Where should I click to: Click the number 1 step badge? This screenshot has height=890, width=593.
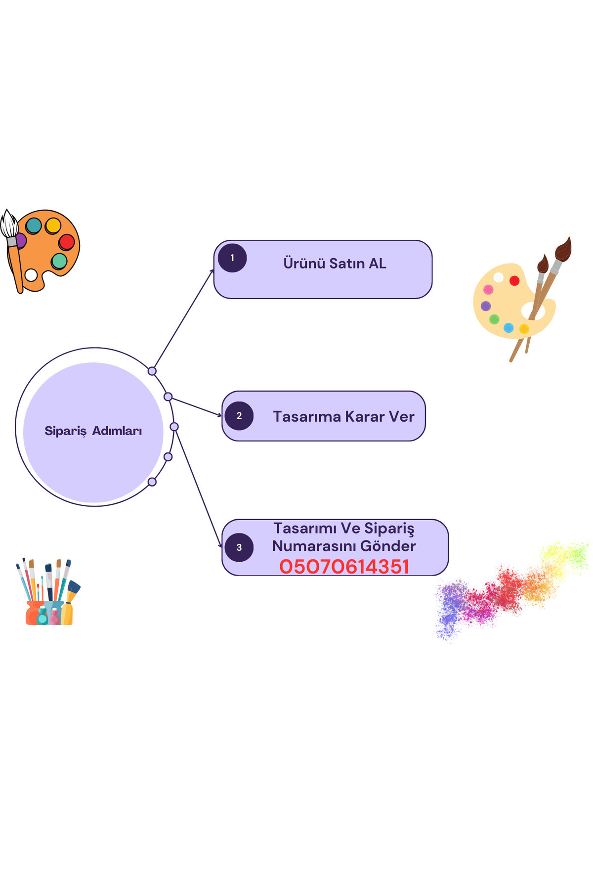[232, 258]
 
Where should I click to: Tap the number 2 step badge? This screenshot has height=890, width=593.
[239, 416]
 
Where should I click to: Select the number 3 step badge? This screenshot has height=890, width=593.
[239, 547]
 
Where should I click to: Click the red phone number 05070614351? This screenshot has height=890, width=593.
[344, 567]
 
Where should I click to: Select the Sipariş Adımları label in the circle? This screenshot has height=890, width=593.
[93, 431]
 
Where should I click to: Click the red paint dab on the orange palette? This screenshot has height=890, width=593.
[67, 242]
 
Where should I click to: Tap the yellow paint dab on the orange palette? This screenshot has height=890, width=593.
[53, 225]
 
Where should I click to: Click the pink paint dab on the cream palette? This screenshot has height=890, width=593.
[488, 289]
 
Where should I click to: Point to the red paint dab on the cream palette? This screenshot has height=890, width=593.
[514, 281]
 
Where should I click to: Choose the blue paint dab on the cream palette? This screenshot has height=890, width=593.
[508, 327]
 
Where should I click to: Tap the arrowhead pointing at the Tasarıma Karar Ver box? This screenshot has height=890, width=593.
[219, 415]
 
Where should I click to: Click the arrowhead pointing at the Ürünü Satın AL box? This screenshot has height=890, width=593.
[212, 271]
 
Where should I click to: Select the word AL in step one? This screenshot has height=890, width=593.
[378, 263]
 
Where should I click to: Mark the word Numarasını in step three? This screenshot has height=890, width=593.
[314, 546]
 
